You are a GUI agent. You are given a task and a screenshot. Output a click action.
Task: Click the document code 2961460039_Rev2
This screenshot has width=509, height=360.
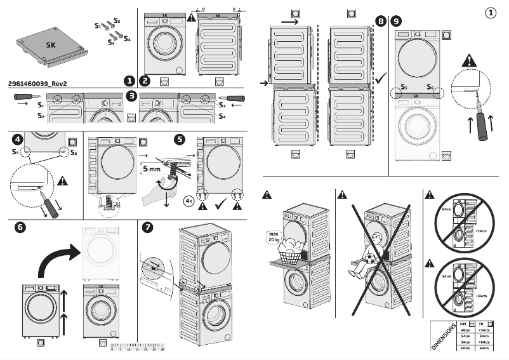(x=37, y=84)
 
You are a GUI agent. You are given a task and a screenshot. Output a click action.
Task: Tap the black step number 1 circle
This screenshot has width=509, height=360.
(x=129, y=81)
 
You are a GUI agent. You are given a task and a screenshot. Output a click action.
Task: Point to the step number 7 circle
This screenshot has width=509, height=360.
(x=148, y=227)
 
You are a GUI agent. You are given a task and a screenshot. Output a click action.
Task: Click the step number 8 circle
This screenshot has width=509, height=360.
(x=380, y=21)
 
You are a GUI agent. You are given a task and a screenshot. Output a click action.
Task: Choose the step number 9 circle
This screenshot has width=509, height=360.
(x=397, y=21)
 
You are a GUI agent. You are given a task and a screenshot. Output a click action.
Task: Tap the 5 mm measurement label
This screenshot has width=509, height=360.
(x=151, y=170)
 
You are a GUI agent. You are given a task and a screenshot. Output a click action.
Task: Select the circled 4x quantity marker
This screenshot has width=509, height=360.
(x=188, y=201)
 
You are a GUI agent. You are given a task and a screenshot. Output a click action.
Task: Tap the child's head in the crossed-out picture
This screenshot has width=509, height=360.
(x=375, y=239)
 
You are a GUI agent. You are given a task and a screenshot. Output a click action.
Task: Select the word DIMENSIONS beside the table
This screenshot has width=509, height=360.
(x=442, y=336)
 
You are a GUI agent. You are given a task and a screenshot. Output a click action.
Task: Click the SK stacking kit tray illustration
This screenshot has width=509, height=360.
(x=50, y=46)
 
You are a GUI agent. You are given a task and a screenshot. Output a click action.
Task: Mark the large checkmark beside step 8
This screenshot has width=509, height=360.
(x=381, y=79)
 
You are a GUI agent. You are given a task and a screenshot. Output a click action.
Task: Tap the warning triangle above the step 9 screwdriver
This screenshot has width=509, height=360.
(x=469, y=61)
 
